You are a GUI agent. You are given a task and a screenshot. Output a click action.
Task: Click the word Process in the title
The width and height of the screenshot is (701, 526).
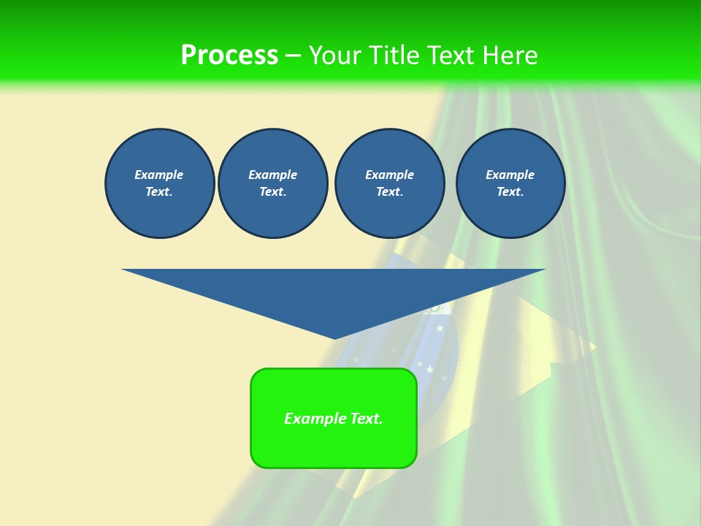tap(229, 56)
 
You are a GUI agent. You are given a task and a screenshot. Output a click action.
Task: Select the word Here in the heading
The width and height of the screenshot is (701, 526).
tap(510, 56)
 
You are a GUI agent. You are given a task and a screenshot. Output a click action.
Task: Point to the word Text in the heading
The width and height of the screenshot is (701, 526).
tap(451, 56)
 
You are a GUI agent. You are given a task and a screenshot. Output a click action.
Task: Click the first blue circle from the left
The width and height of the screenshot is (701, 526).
tap(159, 183)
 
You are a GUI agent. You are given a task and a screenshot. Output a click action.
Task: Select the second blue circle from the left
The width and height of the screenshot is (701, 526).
tap(272, 183)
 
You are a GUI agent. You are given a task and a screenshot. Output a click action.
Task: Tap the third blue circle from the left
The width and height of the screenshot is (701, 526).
tap(389, 183)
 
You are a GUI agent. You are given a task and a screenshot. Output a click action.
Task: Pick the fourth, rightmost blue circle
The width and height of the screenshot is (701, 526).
tap(510, 183)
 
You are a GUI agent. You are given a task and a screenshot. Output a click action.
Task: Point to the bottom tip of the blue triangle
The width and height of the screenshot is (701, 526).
tap(334, 338)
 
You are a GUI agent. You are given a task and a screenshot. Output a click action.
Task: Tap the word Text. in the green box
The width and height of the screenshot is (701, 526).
tap(365, 419)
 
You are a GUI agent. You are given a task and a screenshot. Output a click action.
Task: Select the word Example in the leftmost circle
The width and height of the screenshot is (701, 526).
tap(159, 175)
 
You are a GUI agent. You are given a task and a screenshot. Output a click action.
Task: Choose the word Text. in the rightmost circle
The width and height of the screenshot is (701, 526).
tap(510, 192)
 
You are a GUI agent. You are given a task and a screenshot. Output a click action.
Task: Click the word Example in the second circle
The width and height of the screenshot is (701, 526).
tap(272, 175)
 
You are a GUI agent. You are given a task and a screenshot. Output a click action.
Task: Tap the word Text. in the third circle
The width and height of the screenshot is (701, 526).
tap(389, 192)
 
